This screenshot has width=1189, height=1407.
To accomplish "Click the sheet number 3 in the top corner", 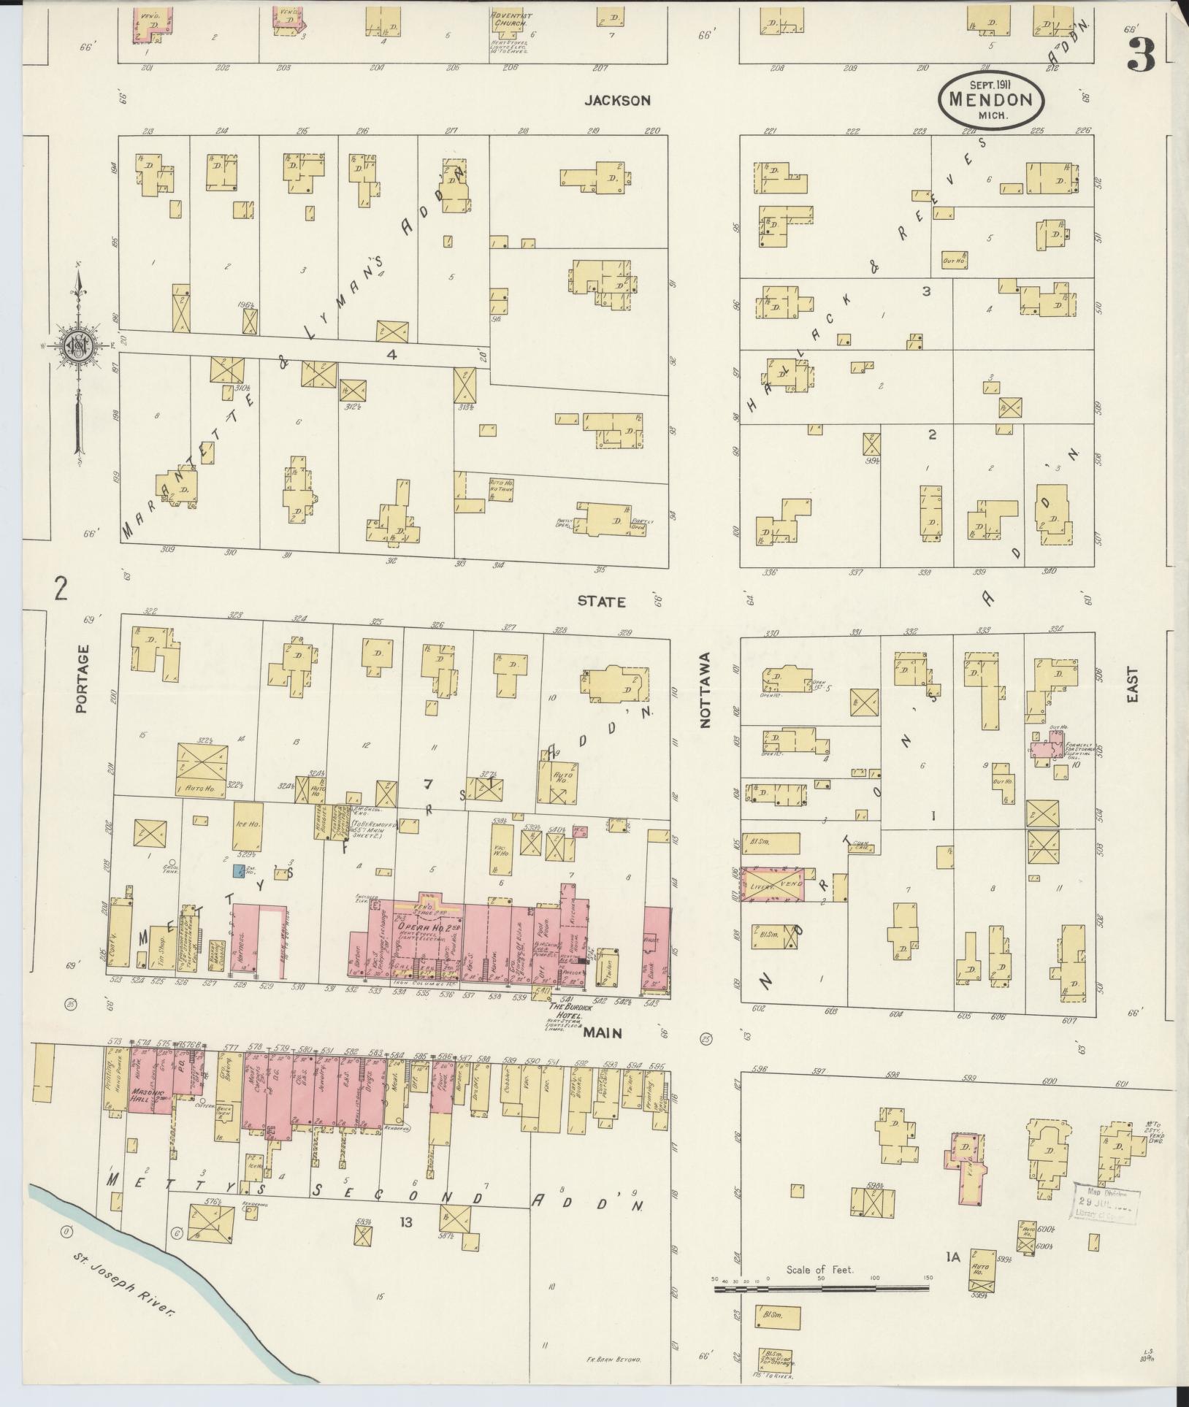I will pyautogui.click(x=1140, y=54).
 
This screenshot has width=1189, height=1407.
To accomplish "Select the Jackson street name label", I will pyautogui.click(x=616, y=101).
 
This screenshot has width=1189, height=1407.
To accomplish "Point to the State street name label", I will pyautogui.click(x=602, y=602).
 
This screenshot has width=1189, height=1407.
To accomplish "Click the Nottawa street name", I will pyautogui.click(x=706, y=690).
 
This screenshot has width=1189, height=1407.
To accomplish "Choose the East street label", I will pyautogui.click(x=1133, y=687).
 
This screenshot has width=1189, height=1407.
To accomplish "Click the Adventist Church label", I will pyautogui.click(x=511, y=19).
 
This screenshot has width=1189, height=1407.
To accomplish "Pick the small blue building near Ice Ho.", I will pyautogui.click(x=239, y=871).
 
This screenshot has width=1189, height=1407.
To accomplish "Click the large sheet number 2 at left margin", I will pyautogui.click(x=61, y=587).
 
